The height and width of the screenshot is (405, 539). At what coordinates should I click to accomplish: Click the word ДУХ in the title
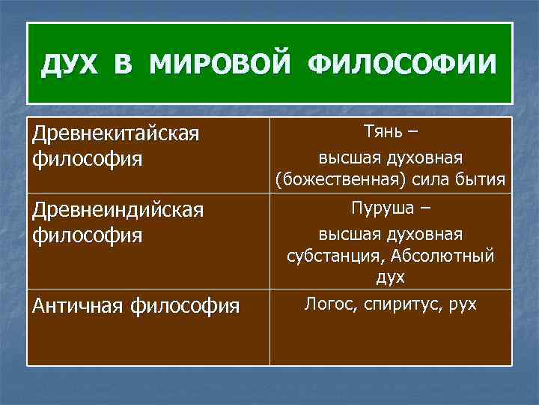(x=71, y=64)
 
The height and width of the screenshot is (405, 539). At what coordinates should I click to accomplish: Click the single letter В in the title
(x=124, y=64)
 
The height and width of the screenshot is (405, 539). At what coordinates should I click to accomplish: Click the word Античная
(x=78, y=305)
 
